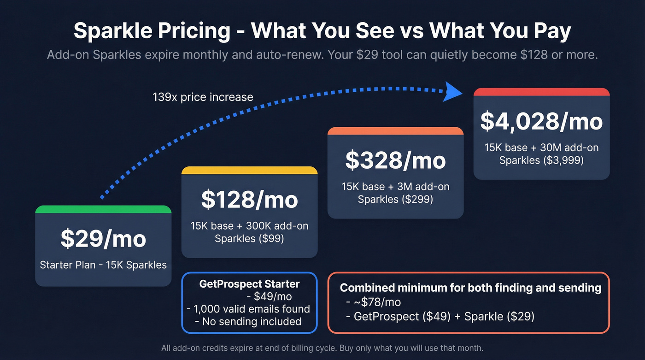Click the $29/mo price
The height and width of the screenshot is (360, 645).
103,239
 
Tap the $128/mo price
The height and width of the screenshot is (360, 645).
249,200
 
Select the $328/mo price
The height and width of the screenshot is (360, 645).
395,160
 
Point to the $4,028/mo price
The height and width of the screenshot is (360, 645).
541,121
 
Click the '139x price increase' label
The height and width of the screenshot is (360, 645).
203,97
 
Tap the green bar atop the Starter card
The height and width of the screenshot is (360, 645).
103,210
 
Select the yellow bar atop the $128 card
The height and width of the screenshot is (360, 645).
249,170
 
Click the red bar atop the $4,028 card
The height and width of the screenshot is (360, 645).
541,92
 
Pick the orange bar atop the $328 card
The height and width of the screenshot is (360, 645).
395,131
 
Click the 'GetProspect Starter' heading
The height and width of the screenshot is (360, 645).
249,284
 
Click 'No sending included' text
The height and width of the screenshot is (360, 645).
252,321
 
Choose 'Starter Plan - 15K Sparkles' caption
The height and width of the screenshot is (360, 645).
103,265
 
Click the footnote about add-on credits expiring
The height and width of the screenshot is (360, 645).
322,348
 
